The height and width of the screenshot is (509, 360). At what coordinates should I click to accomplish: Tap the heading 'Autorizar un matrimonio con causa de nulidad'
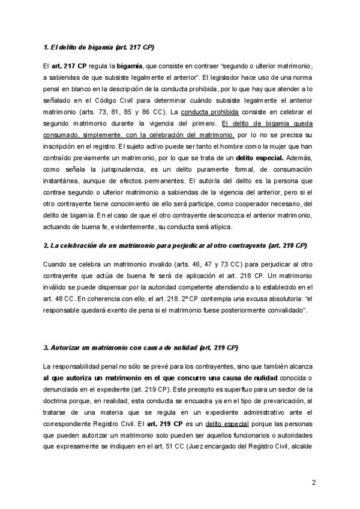(x=141, y=348)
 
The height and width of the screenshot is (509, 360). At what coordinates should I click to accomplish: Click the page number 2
(x=314, y=483)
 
